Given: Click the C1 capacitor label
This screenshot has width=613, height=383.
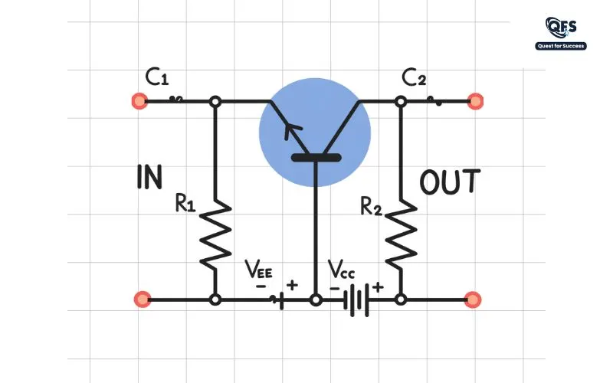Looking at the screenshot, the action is click(x=157, y=77).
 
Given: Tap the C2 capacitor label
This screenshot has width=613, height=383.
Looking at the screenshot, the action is click(x=414, y=78).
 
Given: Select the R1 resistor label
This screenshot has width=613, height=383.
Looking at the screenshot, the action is click(x=185, y=203).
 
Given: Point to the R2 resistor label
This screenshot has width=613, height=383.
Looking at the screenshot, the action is click(x=371, y=206).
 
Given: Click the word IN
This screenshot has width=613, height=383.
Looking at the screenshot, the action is click(x=149, y=177).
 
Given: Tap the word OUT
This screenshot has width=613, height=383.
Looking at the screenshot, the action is click(x=450, y=182).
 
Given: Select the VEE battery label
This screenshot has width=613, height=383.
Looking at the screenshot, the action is click(x=258, y=269).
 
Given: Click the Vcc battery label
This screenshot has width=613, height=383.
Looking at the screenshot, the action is click(x=341, y=269).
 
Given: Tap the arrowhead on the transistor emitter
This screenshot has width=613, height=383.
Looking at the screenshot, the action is click(x=291, y=129).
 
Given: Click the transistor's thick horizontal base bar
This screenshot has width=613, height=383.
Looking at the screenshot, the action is click(x=316, y=158).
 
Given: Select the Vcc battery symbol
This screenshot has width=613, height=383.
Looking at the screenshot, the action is click(x=356, y=300).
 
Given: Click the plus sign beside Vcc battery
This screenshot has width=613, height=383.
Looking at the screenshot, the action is click(x=377, y=288).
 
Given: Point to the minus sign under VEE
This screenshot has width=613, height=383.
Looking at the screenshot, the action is click(x=260, y=286).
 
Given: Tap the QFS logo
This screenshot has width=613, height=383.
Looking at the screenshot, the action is click(x=561, y=28).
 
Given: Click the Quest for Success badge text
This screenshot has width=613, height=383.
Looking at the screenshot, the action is click(x=561, y=46).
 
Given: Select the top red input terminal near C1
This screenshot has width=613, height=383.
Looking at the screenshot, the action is click(x=139, y=101).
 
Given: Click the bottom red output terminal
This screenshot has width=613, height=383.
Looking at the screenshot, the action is click(x=472, y=300).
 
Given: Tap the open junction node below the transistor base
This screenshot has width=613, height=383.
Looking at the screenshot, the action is click(x=316, y=300).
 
